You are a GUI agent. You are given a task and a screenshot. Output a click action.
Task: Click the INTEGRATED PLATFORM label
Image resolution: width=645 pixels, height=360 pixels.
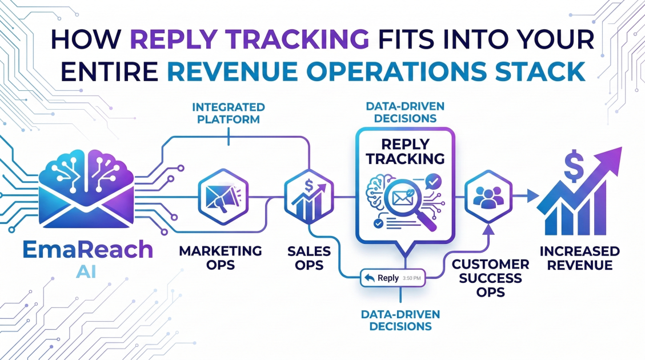coord(228,113)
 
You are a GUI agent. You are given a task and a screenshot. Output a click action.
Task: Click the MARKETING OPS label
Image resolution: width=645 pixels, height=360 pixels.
coord(220,258)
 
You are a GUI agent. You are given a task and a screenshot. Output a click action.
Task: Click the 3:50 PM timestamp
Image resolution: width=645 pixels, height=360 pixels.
coord(411,278)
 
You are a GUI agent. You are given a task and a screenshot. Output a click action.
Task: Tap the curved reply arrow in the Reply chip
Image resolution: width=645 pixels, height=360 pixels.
coord(369,278)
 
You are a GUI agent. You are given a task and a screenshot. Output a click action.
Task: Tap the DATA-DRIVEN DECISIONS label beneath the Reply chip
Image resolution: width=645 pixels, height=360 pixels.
coord(399,321)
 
